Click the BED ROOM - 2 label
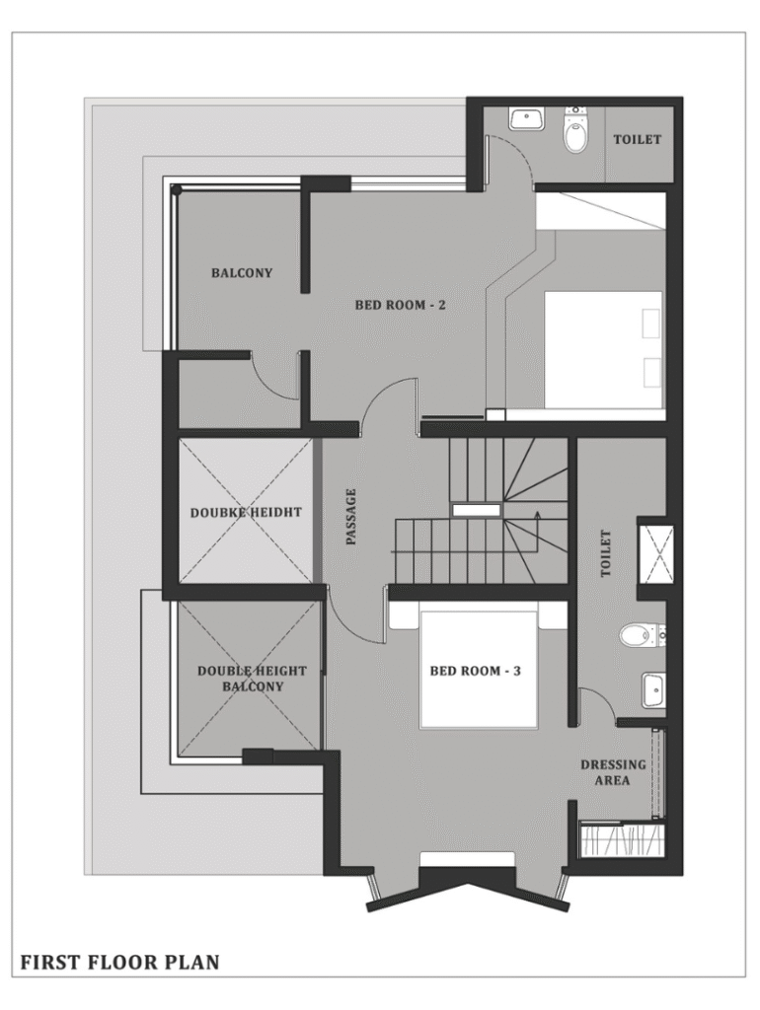pyautogui.click(x=400, y=305)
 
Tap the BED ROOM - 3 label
pyautogui.click(x=475, y=671)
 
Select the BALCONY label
pyautogui.click(x=242, y=273)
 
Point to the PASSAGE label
pyautogui.click(x=351, y=517)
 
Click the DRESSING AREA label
pyautogui.click(x=612, y=772)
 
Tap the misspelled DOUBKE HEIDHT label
pyautogui.click(x=246, y=513)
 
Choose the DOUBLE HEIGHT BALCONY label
pyautogui.click(x=252, y=679)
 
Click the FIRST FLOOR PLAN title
pyautogui.click(x=119, y=963)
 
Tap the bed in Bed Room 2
pyautogui.click(x=604, y=349)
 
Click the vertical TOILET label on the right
pyautogui.click(x=605, y=553)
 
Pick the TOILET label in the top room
pyautogui.click(x=637, y=139)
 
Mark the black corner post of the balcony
pyautogui.click(x=176, y=189)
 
